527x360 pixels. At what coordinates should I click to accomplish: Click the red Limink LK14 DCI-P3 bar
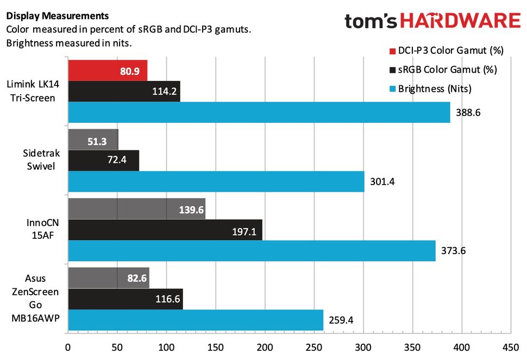pyautogui.click(x=108, y=71)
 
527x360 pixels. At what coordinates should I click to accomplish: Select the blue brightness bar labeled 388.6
pyautogui.click(x=259, y=112)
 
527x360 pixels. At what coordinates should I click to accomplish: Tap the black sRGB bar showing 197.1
pyautogui.click(x=165, y=230)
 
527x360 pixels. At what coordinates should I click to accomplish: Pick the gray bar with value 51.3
pyautogui.click(x=93, y=140)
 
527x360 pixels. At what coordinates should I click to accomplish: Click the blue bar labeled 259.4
pyautogui.click(x=196, y=320)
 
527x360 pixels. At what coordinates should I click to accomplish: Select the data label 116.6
pyautogui.click(x=165, y=299)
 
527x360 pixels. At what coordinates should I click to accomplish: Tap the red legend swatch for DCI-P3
pyautogui.click(x=392, y=51)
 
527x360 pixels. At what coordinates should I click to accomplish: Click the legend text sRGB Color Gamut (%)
pyautogui.click(x=448, y=70)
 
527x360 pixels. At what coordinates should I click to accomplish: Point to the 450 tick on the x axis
pyautogui.click(x=511, y=347)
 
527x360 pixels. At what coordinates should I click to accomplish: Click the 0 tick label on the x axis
pyautogui.click(x=68, y=347)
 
